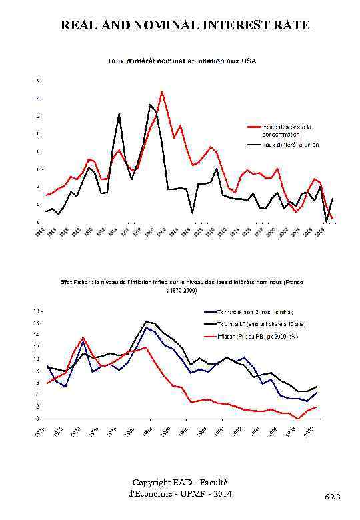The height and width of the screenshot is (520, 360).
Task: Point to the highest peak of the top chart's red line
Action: (161, 91)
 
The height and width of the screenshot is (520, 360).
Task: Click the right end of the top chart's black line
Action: (332, 199)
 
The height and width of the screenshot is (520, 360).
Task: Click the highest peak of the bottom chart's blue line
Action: (147, 327)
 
